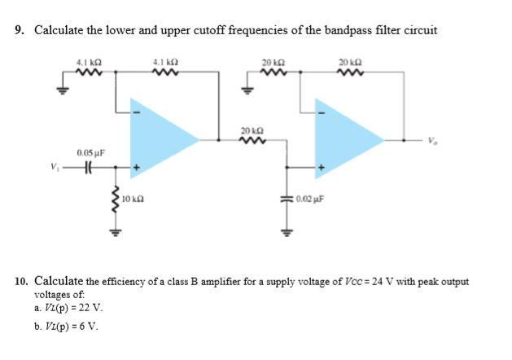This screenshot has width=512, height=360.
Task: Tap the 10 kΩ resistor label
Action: point(132,199)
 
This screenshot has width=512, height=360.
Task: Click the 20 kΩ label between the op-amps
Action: point(252,130)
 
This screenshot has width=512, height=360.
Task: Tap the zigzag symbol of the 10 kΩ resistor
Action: point(115,198)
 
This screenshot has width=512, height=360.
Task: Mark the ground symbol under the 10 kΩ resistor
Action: point(115,229)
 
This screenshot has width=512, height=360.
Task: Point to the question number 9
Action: point(19,30)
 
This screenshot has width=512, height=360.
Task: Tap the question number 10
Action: point(20,282)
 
